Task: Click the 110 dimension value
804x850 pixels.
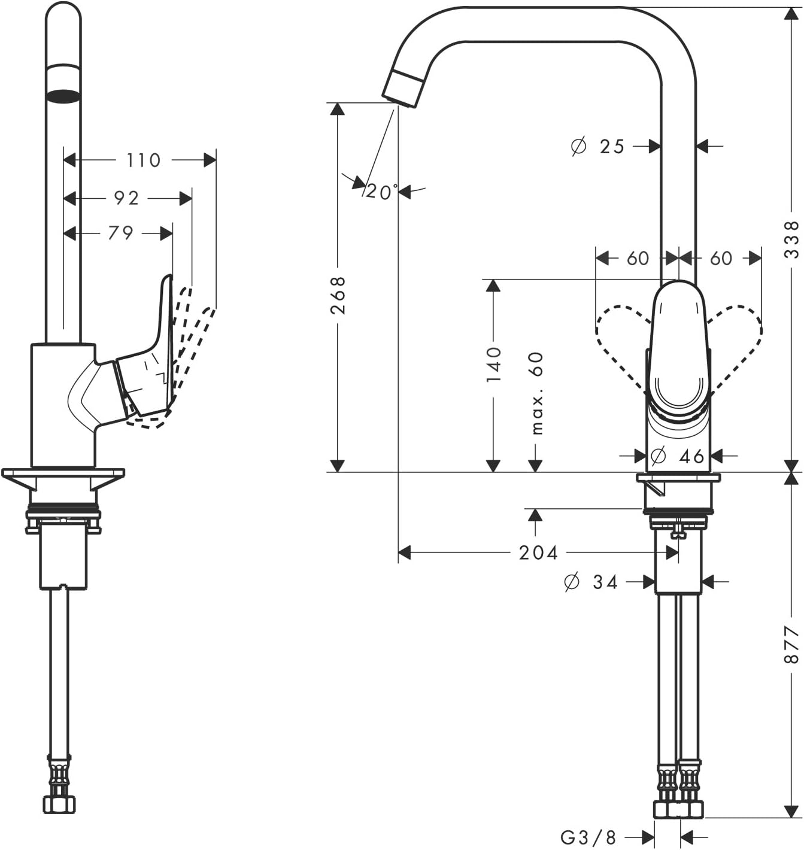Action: pos(144,160)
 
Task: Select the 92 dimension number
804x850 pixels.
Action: pos(126,198)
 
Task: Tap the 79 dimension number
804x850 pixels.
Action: pos(120,233)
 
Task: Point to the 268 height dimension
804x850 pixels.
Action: pos(338,295)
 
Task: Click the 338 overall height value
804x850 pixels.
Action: pos(791,239)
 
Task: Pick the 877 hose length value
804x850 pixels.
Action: pos(791,645)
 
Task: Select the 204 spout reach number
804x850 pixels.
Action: pos(538,552)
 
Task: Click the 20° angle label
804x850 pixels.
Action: pos(381,192)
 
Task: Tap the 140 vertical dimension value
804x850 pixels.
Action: pos(493,364)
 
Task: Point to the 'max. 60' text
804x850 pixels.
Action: pos(536,393)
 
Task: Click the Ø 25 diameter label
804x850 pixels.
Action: pos(597,146)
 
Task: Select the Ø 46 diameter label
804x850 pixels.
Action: pos(677,457)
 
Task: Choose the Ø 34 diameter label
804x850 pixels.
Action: pos(591,582)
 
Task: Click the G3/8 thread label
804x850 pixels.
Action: pos(588,837)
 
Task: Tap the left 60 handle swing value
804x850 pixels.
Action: pos(638,259)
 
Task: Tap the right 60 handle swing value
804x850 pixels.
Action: pos(721,259)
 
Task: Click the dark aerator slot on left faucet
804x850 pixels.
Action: pos(63,95)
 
